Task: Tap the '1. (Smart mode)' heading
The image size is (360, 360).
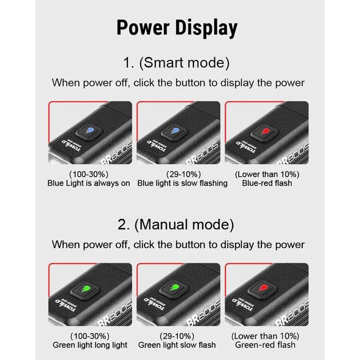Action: (176, 63)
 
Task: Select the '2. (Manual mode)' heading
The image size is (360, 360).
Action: (176, 224)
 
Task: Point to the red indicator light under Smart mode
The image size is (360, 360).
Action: (264, 132)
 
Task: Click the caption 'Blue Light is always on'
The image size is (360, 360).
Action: (89, 183)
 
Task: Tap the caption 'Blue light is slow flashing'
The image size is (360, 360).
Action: (182, 183)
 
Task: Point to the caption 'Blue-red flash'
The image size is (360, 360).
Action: (267, 183)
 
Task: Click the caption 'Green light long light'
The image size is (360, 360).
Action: (89, 345)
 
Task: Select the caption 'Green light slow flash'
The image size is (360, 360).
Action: (177, 345)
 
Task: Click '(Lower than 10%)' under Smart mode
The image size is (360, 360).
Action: (267, 174)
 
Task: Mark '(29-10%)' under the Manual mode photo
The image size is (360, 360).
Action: (177, 336)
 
